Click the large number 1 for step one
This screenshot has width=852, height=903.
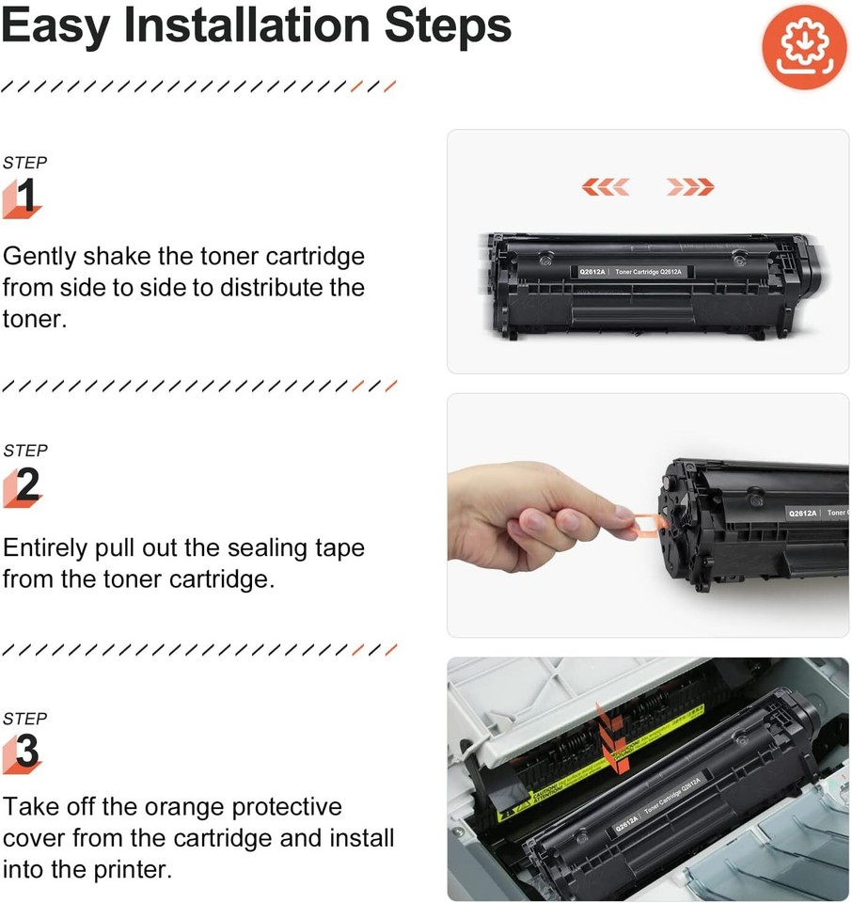pos(26,197)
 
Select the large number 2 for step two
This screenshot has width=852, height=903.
pos(27,485)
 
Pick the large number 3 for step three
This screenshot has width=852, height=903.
pos(27,752)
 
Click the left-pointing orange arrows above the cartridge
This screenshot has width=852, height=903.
pos(605,187)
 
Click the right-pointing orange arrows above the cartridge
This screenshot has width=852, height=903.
pos(690,187)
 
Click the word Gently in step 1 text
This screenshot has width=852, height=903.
pos(40,257)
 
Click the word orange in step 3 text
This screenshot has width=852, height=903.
pos(177,807)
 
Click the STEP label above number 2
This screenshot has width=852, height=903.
pos(24,451)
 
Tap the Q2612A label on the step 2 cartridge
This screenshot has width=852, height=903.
pos(802,513)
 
